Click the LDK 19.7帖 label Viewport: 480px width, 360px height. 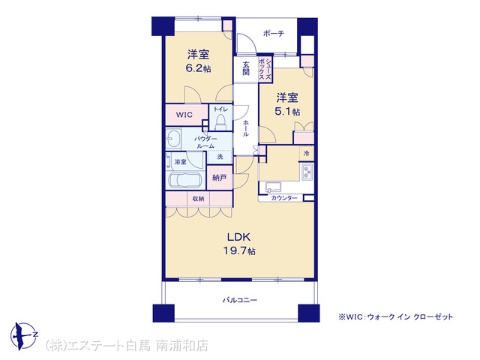point(239,244)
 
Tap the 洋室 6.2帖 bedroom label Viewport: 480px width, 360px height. point(198,61)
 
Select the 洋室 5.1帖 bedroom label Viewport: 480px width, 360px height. point(287,105)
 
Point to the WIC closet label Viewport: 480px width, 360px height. point(184,115)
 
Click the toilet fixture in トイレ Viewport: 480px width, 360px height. point(220,122)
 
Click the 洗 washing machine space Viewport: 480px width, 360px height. point(220,157)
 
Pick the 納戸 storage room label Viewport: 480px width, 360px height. point(220,177)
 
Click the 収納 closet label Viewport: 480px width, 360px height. point(198,199)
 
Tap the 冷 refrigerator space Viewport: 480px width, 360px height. point(307,153)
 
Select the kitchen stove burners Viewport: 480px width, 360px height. point(307,172)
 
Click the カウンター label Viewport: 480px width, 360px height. point(284,198)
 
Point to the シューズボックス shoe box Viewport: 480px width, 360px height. point(265,69)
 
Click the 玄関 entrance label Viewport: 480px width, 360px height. point(246,68)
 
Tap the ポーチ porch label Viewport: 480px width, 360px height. point(274,33)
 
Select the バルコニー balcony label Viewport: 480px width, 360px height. point(240,300)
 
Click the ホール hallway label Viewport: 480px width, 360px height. point(245,128)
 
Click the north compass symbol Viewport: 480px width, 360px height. point(24,336)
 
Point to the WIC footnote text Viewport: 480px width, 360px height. point(395,316)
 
